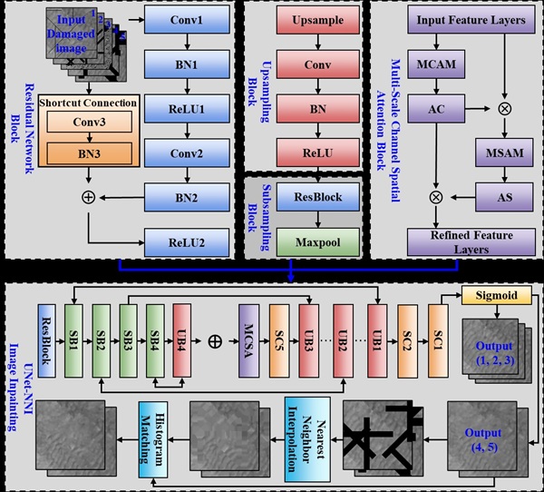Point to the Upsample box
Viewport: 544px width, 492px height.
click(x=300, y=19)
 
